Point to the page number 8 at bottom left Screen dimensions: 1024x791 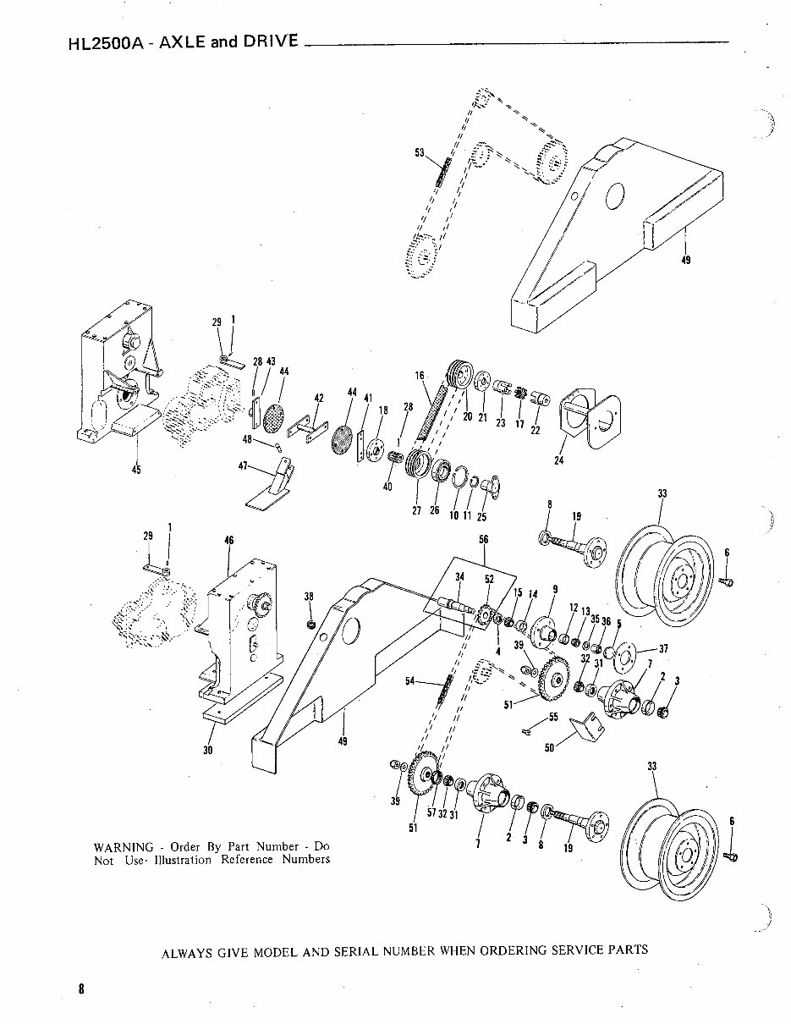(x=81, y=988)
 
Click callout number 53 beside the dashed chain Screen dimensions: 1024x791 (x=419, y=152)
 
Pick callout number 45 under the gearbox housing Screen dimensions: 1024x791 (x=136, y=471)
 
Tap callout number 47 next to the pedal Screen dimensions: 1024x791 (x=244, y=465)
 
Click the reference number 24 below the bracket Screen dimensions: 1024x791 (x=558, y=461)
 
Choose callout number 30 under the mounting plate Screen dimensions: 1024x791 (x=208, y=749)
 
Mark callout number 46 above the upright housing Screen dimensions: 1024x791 (x=228, y=540)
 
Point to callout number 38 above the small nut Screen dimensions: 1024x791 (x=310, y=596)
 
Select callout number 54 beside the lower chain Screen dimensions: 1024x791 (x=409, y=682)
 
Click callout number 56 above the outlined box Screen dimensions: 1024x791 (x=483, y=539)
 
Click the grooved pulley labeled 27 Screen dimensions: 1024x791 (x=415, y=466)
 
